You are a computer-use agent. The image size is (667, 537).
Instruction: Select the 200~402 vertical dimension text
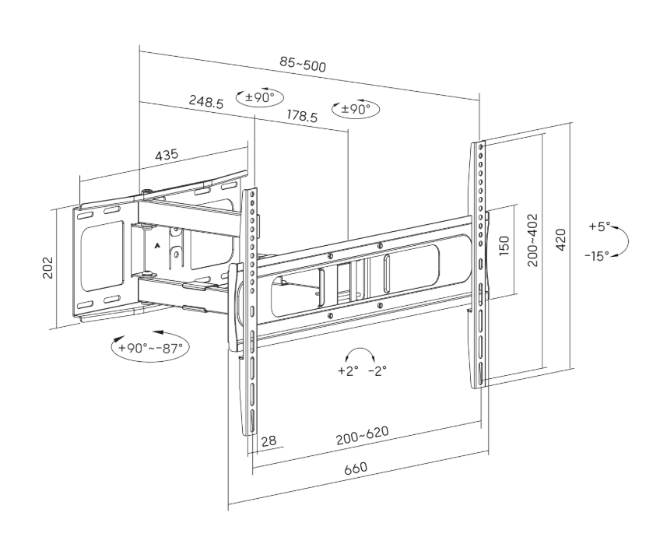click(x=533, y=240)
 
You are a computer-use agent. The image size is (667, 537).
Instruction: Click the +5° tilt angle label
click(x=598, y=227)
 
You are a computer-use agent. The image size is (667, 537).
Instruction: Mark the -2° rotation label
click(x=377, y=370)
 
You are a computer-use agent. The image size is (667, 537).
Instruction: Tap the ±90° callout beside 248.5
click(x=259, y=97)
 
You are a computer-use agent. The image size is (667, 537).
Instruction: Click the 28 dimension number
click(x=269, y=441)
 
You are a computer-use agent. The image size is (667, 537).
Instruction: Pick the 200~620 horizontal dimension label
click(x=363, y=437)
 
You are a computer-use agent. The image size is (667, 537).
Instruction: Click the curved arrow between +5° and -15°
click(x=622, y=240)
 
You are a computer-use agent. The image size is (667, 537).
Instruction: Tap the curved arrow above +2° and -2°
click(x=363, y=354)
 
